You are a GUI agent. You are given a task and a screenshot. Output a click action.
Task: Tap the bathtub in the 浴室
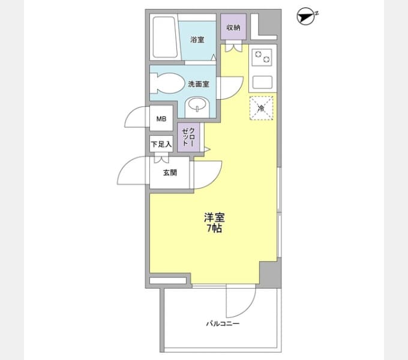164,37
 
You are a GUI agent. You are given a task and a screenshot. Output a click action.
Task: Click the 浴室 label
197,40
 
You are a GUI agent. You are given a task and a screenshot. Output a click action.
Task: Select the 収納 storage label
233,28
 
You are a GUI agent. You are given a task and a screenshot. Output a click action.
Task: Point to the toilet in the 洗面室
167,83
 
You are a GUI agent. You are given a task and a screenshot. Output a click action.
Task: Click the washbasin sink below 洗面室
197,107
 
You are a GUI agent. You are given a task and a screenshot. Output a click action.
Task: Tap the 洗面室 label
199,84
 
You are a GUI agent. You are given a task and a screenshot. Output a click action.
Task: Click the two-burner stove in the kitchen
262,56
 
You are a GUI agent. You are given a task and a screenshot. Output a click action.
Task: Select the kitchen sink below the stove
262,82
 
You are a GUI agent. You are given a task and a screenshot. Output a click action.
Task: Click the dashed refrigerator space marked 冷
261,108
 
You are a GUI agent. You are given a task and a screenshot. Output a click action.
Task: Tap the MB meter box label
161,119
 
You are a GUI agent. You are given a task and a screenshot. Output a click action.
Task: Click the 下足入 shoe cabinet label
161,144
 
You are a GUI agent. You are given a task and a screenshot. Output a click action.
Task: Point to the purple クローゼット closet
188,137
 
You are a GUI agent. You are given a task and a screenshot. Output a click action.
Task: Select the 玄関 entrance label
170,172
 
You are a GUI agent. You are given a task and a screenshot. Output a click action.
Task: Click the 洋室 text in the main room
214,217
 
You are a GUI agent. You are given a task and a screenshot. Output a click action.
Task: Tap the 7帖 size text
214,228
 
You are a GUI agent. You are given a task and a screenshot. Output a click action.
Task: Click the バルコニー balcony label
223,324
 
